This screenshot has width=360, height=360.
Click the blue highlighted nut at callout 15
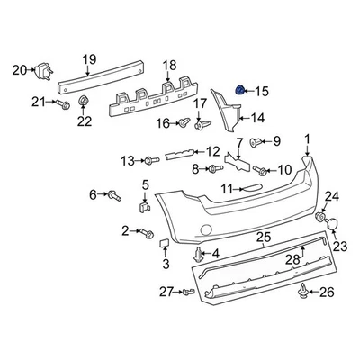coord(239,90)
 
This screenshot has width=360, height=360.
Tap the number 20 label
coord(19,69)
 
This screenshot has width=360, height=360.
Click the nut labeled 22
coord(83,101)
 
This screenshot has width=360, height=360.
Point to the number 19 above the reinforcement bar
coord(89,61)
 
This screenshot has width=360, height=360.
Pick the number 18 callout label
coord(169,65)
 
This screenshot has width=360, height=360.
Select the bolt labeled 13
coord(149,160)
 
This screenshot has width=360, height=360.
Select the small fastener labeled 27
coord(188,292)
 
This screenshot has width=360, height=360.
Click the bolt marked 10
coord(260,169)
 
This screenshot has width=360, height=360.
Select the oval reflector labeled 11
coord(255,188)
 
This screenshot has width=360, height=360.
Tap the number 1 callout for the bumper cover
coord(306,139)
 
